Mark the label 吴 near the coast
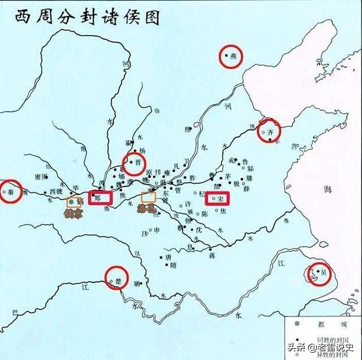tap(324, 272)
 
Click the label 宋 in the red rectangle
tap(221, 198)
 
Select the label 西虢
tap(56, 190)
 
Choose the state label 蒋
tap(212, 255)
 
